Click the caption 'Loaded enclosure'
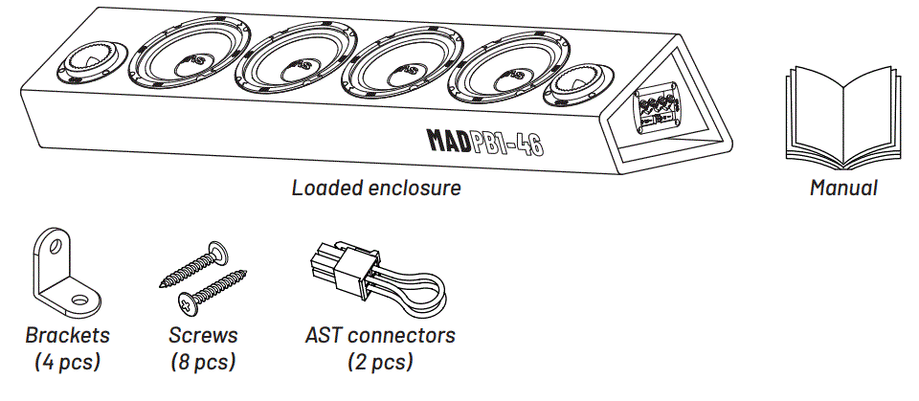pyautogui.click(x=376, y=188)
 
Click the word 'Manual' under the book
pyautogui.click(x=842, y=189)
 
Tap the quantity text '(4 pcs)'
pyautogui.click(x=68, y=362)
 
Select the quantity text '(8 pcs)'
pyautogui.click(x=203, y=362)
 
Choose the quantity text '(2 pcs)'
pyautogui.click(x=380, y=362)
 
